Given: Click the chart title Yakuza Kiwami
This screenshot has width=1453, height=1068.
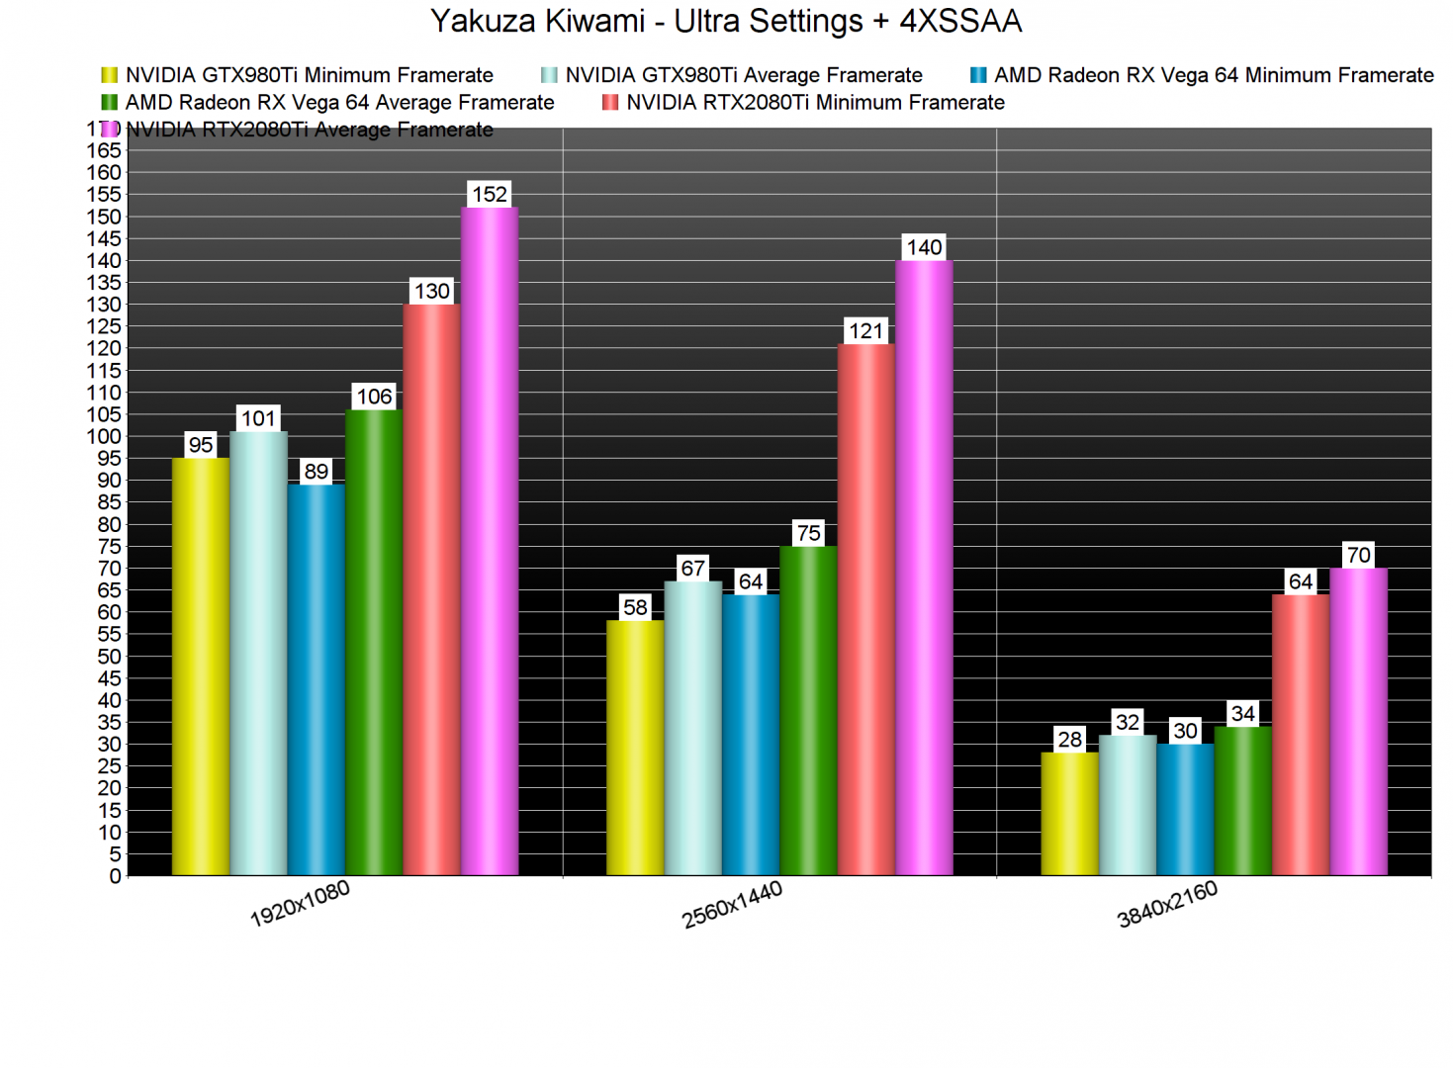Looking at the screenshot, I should [x=726, y=21].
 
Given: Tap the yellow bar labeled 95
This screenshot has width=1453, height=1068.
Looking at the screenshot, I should [x=201, y=667].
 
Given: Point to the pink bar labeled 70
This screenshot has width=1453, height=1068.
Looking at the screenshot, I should [x=1358, y=722].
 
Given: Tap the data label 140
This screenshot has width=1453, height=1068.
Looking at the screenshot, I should [x=924, y=247].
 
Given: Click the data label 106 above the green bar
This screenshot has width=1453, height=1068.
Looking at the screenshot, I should [x=374, y=397].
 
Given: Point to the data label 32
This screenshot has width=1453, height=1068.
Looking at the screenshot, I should [x=1128, y=722].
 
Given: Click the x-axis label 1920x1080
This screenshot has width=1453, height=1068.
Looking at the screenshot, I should [x=300, y=904].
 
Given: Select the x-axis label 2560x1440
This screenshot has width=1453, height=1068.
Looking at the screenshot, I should [x=732, y=904].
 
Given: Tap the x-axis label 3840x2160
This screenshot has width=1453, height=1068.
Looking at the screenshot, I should [x=1167, y=904].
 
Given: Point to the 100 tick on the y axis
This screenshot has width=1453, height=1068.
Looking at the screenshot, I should [x=109, y=436].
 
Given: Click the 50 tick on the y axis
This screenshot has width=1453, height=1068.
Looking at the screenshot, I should [x=109, y=656].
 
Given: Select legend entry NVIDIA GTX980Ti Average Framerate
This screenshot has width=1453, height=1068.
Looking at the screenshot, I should [x=743, y=75].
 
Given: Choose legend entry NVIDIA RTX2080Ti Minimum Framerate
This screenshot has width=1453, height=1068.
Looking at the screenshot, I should [x=814, y=102].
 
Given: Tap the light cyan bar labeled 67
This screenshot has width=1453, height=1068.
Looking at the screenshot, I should [x=692, y=728].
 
